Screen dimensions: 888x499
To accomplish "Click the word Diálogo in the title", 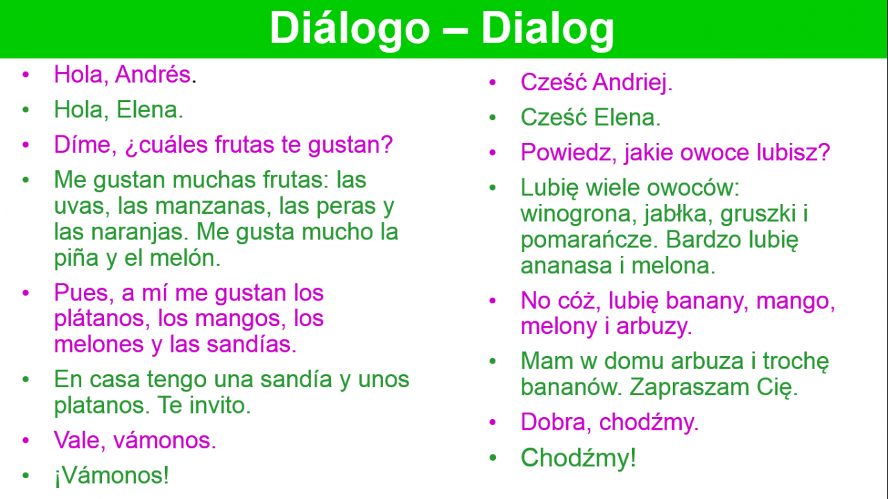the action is tap(350, 28).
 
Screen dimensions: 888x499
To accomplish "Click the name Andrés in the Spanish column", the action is tap(153, 74).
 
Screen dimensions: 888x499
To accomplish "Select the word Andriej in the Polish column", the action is tap(633, 83).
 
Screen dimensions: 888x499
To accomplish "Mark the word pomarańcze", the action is tap(590, 240).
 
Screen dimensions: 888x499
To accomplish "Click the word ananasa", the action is tap(567, 266).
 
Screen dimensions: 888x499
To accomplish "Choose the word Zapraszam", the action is tap(690, 387).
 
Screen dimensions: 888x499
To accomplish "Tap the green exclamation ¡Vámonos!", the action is tap(112, 476).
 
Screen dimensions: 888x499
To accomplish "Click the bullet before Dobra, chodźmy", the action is tap(493, 422).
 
